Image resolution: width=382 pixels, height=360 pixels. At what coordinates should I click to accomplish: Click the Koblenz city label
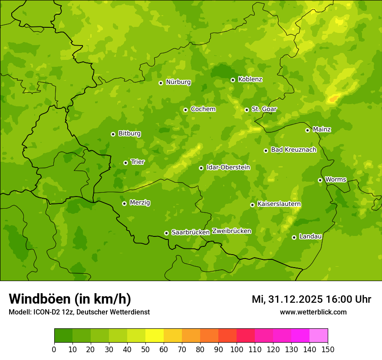[250, 79]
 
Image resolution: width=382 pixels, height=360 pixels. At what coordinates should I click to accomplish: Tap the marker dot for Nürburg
[161, 83]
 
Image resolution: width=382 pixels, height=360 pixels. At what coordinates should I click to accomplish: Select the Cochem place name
[203, 109]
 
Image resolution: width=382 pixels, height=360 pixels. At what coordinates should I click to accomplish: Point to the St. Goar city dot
[247, 110]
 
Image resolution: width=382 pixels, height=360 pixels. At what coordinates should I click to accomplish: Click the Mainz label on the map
[322, 130]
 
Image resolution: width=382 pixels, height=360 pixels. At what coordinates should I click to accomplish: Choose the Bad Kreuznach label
[293, 150]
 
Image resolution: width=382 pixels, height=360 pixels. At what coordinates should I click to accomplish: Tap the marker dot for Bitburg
[113, 134]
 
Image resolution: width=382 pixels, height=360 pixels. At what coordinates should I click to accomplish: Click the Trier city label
[138, 162]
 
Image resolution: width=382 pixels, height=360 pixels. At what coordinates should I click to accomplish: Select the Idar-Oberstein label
[228, 167]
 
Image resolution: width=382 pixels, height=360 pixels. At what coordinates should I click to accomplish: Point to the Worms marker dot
[320, 180]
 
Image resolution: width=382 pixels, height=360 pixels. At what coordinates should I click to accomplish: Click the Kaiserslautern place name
[279, 204]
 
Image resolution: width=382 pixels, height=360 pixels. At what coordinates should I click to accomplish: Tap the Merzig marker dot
[124, 203]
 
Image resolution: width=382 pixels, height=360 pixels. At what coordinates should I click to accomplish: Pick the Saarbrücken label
[190, 232]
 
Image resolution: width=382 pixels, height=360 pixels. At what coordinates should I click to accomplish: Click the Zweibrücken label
[231, 231]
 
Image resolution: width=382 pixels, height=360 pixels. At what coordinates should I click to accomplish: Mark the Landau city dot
[294, 237]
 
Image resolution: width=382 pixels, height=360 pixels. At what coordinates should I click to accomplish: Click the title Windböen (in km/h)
[70, 299]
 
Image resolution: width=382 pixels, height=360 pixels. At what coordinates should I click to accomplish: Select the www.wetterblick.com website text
[313, 312]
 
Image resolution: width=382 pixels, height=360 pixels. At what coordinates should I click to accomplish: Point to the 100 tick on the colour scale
[237, 349]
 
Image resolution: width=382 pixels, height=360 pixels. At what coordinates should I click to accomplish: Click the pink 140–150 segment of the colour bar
[319, 336]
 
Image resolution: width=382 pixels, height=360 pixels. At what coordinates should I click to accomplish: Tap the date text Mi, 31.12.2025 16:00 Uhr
[311, 299]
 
